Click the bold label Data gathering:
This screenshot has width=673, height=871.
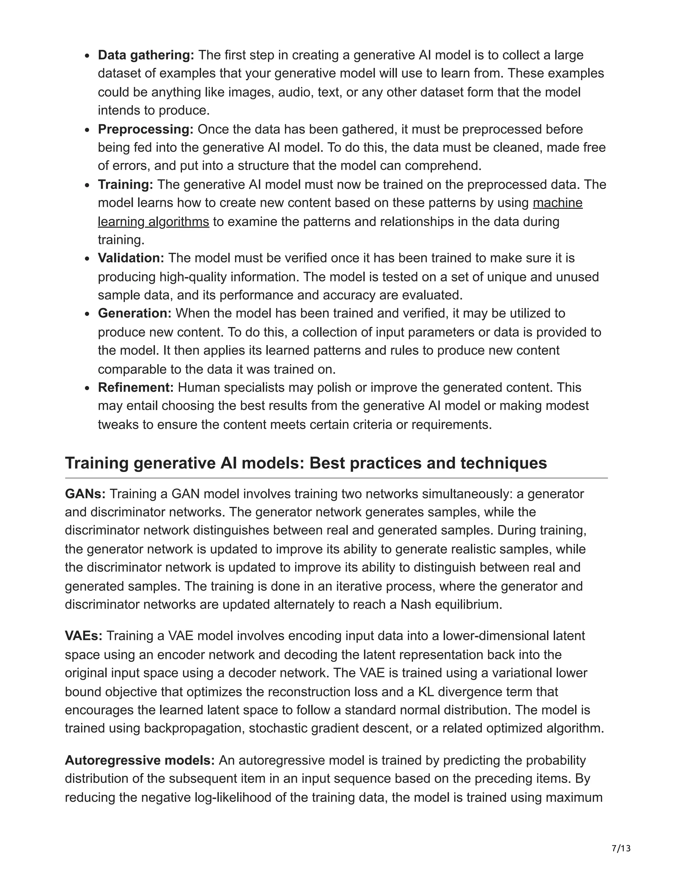click(146, 55)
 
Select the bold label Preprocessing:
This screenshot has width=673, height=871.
click(146, 129)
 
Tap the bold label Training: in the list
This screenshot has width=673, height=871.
click(126, 185)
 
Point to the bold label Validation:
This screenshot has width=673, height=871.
click(131, 258)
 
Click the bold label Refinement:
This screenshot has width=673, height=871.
click(136, 387)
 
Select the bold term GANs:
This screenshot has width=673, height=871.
click(85, 494)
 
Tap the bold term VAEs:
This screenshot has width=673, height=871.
click(84, 636)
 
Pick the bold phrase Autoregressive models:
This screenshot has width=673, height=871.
click(140, 761)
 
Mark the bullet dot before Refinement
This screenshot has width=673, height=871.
click(88, 388)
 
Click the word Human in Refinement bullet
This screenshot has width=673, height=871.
click(197, 387)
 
